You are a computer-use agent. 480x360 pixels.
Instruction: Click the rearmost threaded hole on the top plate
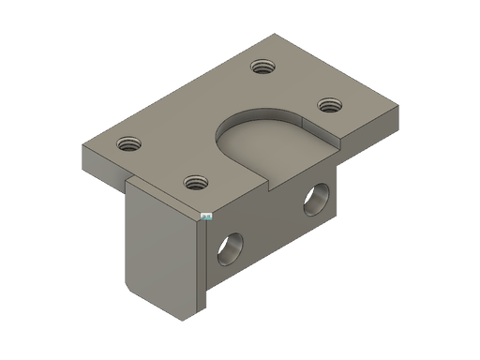(x=262, y=67)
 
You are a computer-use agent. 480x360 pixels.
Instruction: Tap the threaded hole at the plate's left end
(x=127, y=145)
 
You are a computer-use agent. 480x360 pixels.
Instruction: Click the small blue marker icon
(x=204, y=215)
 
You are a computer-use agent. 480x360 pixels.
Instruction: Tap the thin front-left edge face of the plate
(x=103, y=165)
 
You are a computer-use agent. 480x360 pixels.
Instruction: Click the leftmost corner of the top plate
(x=82, y=147)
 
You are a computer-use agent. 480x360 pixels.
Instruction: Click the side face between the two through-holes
(x=272, y=225)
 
